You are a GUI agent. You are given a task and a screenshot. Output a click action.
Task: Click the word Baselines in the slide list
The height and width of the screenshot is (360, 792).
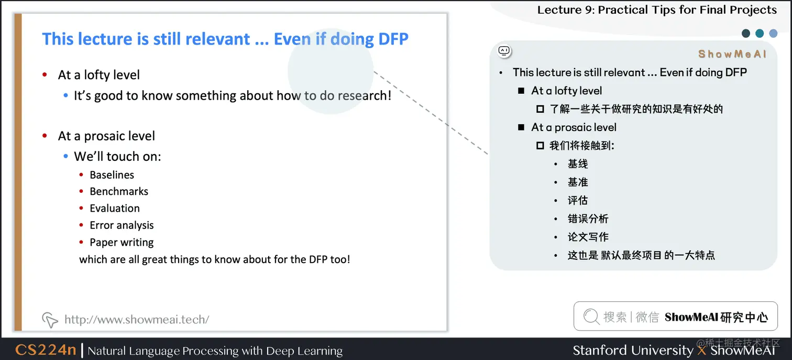pyautogui.click(x=112, y=175)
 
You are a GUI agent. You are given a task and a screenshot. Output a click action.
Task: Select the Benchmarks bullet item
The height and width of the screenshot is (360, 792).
pyautogui.click(x=119, y=192)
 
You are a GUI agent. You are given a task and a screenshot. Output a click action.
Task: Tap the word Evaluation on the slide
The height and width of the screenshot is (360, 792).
pyautogui.click(x=115, y=209)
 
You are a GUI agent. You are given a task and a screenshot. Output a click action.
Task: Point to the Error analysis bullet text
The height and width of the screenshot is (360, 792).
pyautogui.click(x=122, y=225)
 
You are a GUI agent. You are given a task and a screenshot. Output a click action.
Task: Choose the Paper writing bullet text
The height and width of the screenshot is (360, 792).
pyautogui.click(x=122, y=243)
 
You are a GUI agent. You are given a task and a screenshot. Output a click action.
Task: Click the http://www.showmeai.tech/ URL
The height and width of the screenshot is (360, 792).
pyautogui.click(x=137, y=320)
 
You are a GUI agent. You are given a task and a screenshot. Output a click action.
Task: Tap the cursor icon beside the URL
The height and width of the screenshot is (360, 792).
pyautogui.click(x=50, y=320)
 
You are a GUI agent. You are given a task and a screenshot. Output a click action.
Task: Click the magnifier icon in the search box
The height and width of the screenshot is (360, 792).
pyautogui.click(x=591, y=317)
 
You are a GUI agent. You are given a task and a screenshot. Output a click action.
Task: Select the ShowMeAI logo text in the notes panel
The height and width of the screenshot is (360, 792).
pyautogui.click(x=732, y=54)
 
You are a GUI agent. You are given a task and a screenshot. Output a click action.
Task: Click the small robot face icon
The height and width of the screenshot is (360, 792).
pyautogui.click(x=504, y=51)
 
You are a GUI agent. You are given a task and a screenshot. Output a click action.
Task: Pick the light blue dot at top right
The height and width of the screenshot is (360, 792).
pyautogui.click(x=773, y=34)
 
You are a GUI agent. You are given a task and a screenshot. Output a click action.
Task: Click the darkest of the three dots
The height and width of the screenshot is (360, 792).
pyautogui.click(x=746, y=34)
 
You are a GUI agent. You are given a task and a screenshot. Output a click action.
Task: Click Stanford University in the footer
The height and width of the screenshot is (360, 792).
pyautogui.click(x=633, y=350)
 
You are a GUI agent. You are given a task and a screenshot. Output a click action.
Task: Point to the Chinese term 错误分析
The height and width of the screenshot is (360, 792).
pyautogui.click(x=588, y=219)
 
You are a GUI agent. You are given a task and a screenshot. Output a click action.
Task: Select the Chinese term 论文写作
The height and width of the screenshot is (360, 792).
pyautogui.click(x=588, y=237)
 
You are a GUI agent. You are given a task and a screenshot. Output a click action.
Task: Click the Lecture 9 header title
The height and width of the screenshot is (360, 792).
pyautogui.click(x=657, y=10)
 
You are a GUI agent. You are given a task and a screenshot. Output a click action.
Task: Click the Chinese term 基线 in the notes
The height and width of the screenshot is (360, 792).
pyautogui.click(x=578, y=164)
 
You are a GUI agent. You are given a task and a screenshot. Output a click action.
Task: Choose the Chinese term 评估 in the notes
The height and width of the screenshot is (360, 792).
pyautogui.click(x=578, y=201)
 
